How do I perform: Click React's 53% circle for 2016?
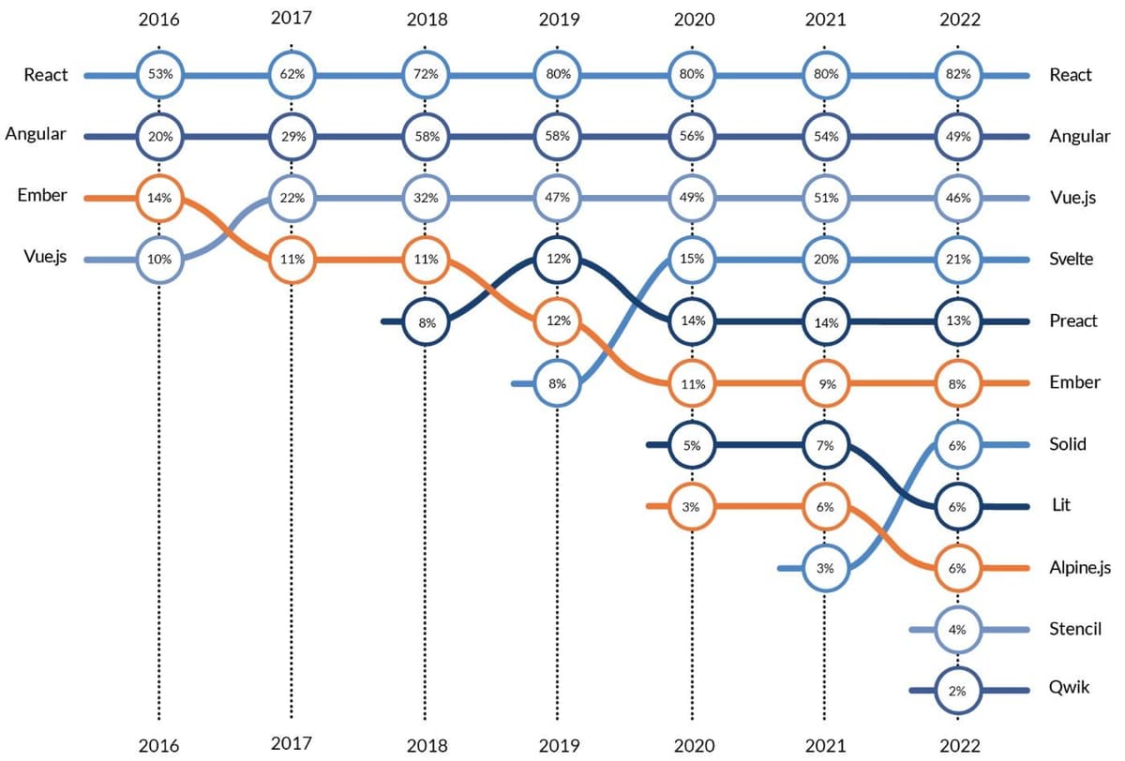click(159, 75)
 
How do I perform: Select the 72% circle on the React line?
click(426, 75)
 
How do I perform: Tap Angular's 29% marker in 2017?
click(292, 137)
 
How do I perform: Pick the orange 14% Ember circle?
click(159, 198)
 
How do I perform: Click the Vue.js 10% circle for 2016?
click(159, 260)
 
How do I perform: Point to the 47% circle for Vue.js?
click(558, 198)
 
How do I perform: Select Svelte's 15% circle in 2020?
click(692, 260)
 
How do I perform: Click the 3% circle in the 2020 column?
click(692, 506)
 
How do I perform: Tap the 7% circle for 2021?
click(825, 444)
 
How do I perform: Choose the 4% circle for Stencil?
click(957, 629)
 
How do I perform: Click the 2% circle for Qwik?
click(957, 691)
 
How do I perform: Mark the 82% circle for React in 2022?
click(957, 75)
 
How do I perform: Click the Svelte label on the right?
click(1071, 260)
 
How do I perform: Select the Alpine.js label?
click(1080, 568)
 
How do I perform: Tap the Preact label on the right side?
click(1073, 321)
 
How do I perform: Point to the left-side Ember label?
click(42, 196)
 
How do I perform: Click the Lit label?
click(1061, 506)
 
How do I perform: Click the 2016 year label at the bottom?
click(159, 746)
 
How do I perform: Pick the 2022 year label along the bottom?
click(957, 746)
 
